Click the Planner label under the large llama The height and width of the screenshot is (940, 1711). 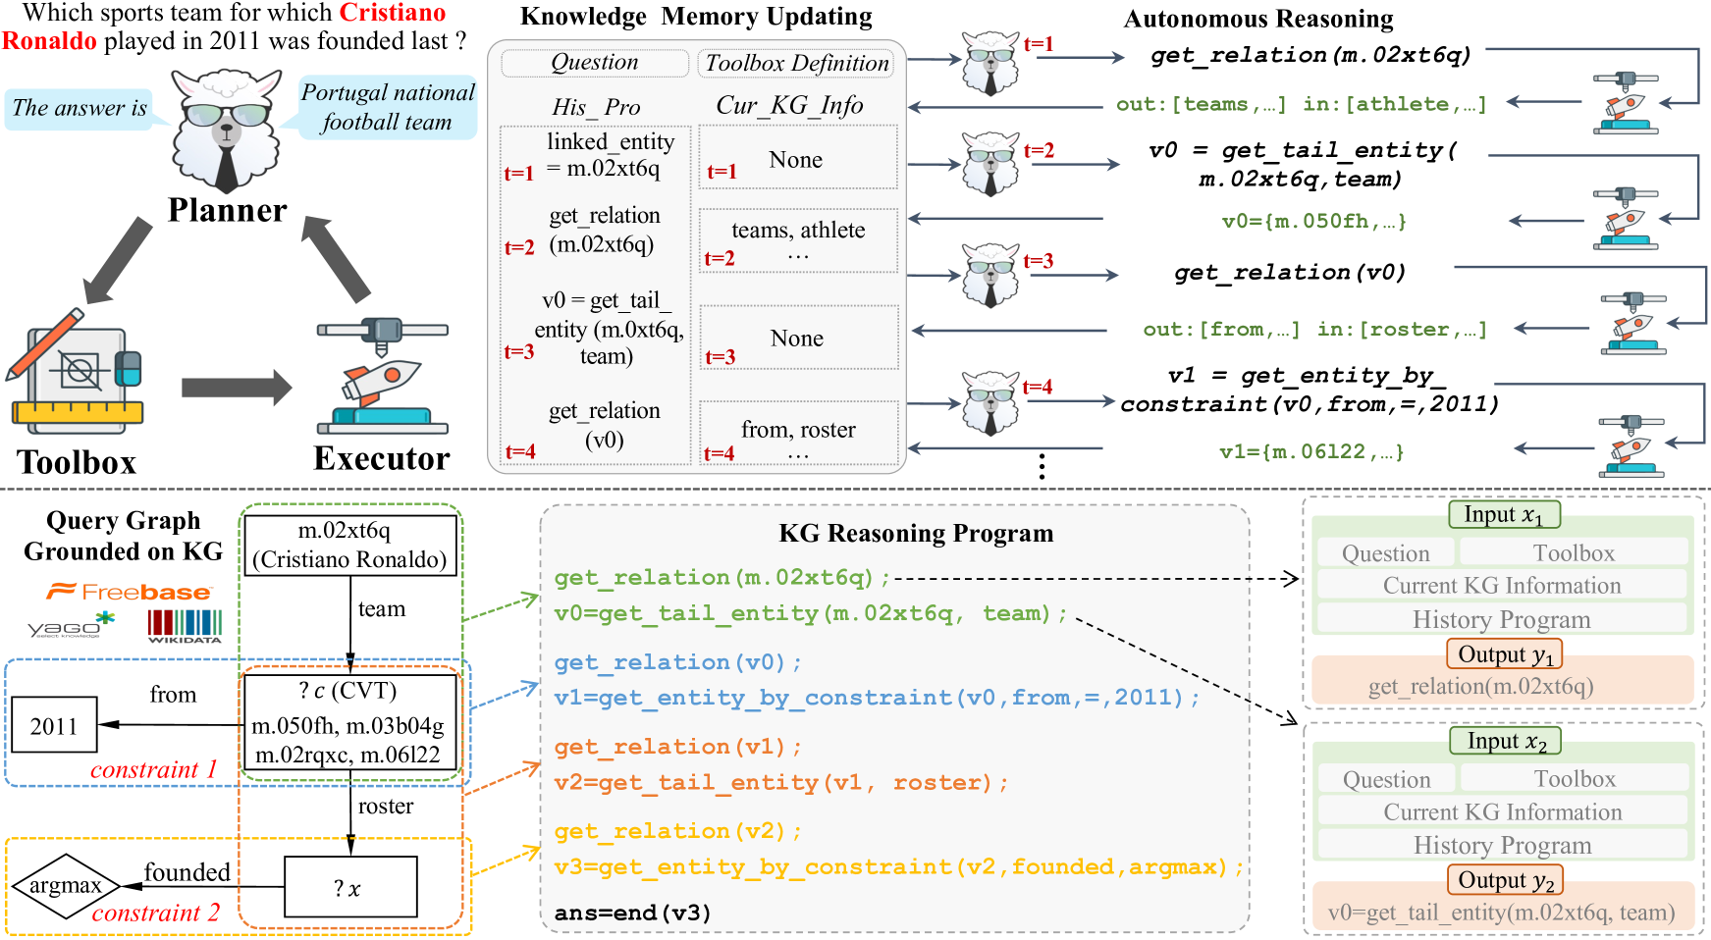pyautogui.click(x=227, y=210)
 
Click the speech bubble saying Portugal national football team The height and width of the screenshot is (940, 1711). pyautogui.click(x=387, y=107)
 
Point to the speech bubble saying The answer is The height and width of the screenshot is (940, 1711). pyautogui.click(x=80, y=108)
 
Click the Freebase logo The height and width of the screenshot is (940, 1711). pyautogui.click(x=129, y=592)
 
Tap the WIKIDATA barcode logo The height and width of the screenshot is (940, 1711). pyautogui.click(x=185, y=626)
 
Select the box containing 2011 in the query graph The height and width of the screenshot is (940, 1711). pyautogui.click(x=54, y=725)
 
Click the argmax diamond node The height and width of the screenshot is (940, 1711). pyautogui.click(x=66, y=886)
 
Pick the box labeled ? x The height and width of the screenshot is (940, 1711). pyautogui.click(x=350, y=887)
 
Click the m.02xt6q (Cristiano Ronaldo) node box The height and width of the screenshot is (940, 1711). pyautogui.click(x=349, y=545)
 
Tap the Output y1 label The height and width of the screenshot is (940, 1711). pyautogui.click(x=1504, y=654)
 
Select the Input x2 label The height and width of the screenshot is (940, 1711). pyautogui.click(x=1505, y=741)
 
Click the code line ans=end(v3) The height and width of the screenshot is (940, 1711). pyautogui.click(x=632, y=913)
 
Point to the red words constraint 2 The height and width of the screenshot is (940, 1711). pyautogui.click(x=155, y=914)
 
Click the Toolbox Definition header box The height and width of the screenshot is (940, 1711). pyautogui.click(x=796, y=64)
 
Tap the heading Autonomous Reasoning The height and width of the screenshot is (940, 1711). pyautogui.click(x=1257, y=19)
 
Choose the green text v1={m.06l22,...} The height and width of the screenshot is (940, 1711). pyautogui.click(x=1311, y=451)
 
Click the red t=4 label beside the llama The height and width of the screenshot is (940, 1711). pyautogui.click(x=1037, y=387)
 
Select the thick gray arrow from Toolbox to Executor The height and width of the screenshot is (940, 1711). pyautogui.click(x=236, y=388)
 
